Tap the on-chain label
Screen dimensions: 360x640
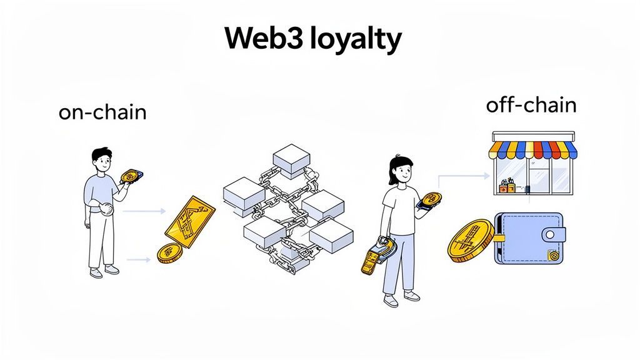[102, 112]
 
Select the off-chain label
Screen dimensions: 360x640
[531, 105]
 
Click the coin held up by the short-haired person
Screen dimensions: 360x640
[131, 177]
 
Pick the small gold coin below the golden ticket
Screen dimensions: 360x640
[169, 253]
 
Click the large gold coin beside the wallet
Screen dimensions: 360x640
[471, 240]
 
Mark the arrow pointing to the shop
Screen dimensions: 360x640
[463, 177]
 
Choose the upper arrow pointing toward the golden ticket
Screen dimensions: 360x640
[144, 212]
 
